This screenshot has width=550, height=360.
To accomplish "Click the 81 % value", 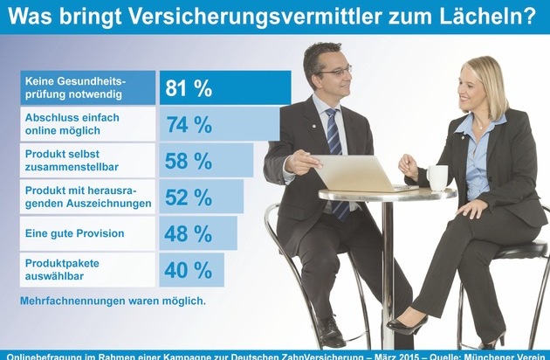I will [189, 88].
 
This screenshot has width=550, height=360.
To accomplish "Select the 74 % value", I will [189, 125].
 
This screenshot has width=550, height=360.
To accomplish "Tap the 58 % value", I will [189, 161].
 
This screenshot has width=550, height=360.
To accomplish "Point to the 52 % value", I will [189, 197].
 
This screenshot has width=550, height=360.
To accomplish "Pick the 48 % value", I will [189, 234].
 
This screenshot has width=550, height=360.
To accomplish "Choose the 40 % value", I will [189, 270].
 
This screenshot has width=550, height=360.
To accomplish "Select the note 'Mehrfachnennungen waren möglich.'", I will [113, 301].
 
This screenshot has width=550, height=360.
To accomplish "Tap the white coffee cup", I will [437, 177].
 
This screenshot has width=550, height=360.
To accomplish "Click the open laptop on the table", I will [353, 173].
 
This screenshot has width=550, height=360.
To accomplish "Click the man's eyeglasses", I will [335, 70].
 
